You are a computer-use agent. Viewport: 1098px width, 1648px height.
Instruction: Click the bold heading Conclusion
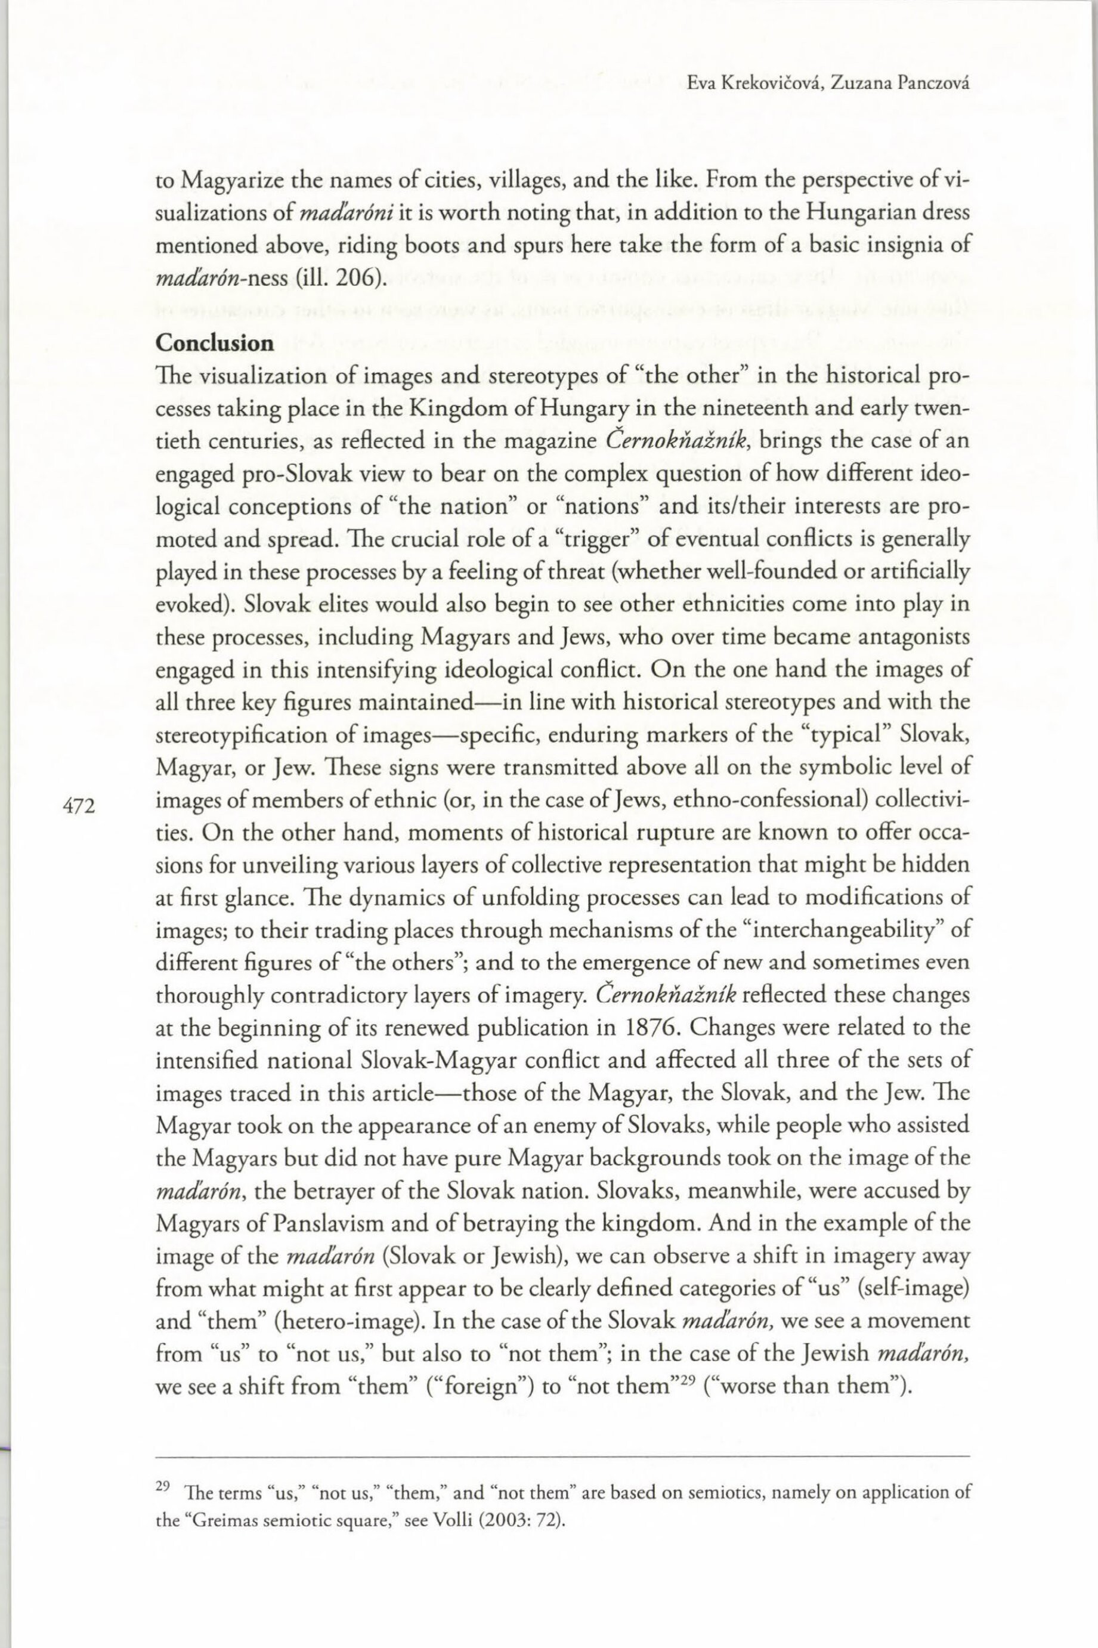[x=214, y=343]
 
